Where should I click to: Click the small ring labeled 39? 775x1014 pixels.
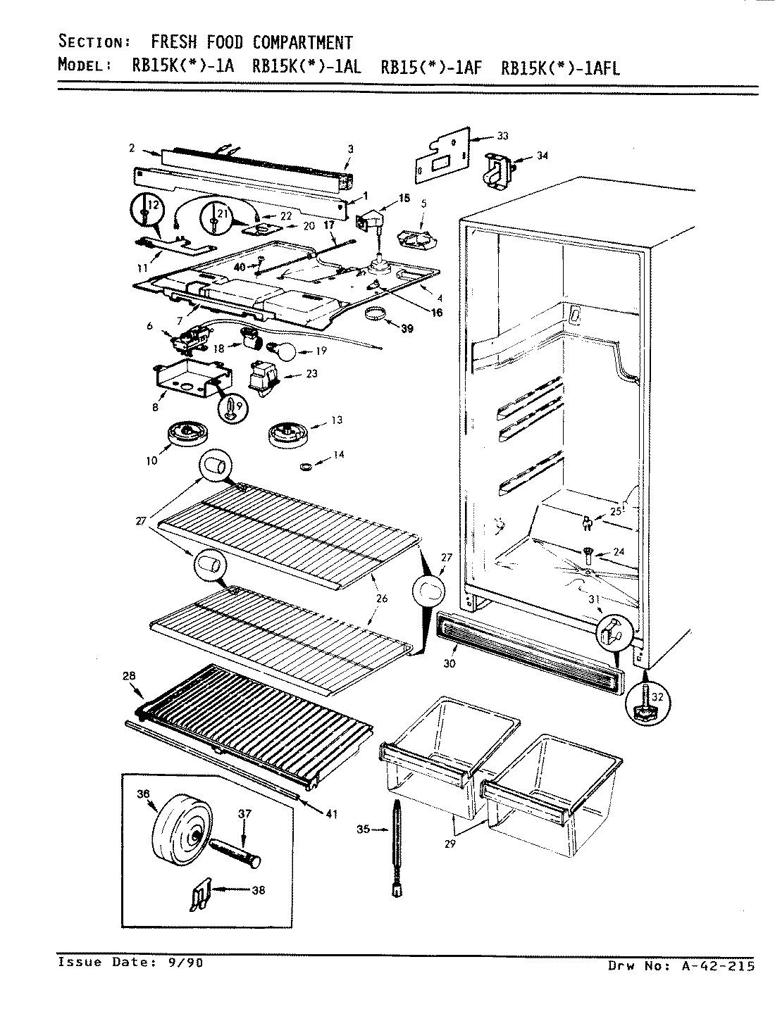[x=378, y=313]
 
